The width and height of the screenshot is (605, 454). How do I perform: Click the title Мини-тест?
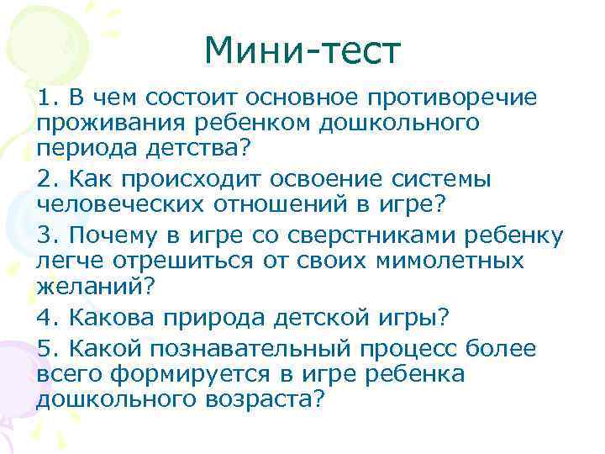point(302,52)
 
